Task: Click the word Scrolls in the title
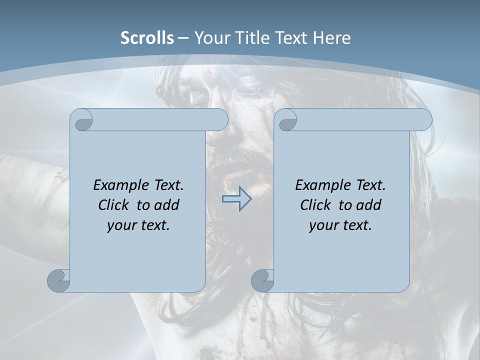pyautogui.click(x=147, y=38)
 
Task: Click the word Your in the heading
pyautogui.click(x=212, y=38)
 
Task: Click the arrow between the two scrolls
pyautogui.click(x=236, y=199)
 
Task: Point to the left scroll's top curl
pyautogui.click(x=81, y=120)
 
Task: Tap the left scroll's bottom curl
pyautogui.click(x=58, y=280)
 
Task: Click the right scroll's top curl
pyautogui.click(x=286, y=120)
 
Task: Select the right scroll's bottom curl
pyautogui.click(x=262, y=280)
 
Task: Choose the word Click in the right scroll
pyautogui.click(x=315, y=205)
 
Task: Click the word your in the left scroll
pyautogui.click(x=119, y=225)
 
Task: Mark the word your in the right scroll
pyautogui.click(x=321, y=225)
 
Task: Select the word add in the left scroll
pyautogui.click(x=166, y=205)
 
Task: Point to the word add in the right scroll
pyautogui.click(x=368, y=205)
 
